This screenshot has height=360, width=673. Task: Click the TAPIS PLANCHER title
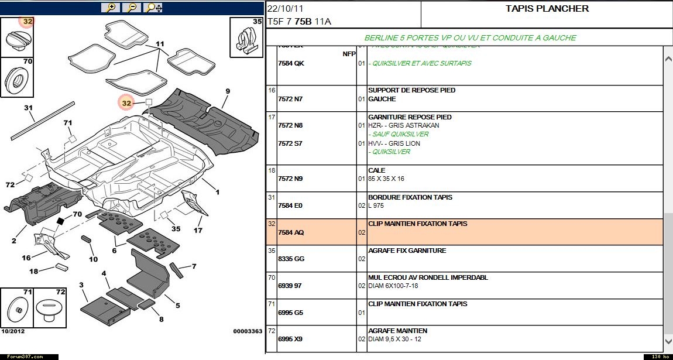tap(547, 9)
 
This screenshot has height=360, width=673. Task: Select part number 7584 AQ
tap(291, 232)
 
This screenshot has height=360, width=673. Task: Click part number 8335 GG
tap(291, 259)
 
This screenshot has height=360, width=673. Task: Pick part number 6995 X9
tap(291, 339)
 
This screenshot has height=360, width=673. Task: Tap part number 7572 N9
tap(290, 179)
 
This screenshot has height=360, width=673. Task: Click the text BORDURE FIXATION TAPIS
tap(410, 197)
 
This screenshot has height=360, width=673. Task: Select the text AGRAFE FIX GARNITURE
tap(407, 251)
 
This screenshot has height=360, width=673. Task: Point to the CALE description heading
tap(376, 170)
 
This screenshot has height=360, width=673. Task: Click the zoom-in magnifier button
tap(110, 8)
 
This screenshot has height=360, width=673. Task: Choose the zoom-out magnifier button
tap(132, 8)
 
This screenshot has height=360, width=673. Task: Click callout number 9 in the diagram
tap(228, 91)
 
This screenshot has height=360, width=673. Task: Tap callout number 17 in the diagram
tap(198, 230)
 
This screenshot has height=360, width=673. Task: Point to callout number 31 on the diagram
tap(28, 108)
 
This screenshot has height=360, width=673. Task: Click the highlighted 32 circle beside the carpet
tap(126, 103)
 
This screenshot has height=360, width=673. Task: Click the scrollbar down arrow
tap(668, 341)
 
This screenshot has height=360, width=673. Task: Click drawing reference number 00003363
tap(248, 331)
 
